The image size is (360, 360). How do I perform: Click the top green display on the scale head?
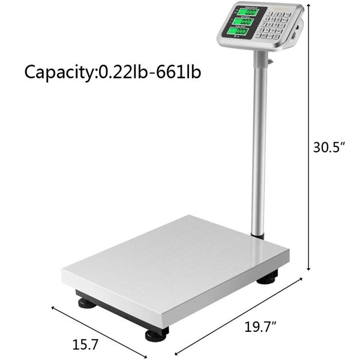pos(244,11)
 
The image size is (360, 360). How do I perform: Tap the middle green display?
pos(243,22)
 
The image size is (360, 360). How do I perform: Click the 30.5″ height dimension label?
pos(330,148)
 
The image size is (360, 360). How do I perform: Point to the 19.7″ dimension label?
pos(262,328)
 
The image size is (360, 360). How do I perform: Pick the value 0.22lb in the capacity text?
pos(124,72)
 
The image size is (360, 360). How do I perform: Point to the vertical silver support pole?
pos(259,144)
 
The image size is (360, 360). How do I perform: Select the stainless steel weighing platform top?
pos(174,258)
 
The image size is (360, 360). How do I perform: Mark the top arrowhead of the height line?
pos(308,5)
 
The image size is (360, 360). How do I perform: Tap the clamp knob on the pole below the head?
pos(269,61)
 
